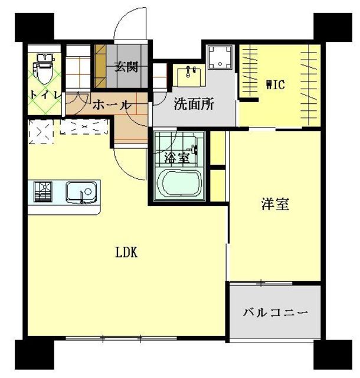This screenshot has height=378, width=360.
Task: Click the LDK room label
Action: coord(126,253)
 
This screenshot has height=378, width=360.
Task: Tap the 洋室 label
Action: coord(275,204)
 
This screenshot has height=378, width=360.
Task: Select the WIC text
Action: coord(276,85)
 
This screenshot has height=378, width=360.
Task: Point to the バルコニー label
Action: coord(276,313)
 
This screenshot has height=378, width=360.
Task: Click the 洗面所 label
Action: coord(194,104)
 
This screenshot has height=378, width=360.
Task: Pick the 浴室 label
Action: coord(176,158)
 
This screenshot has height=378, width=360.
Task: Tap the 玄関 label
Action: coord(126,67)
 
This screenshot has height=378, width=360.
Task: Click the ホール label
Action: coord(112,105)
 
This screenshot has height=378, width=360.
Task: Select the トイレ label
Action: coord(45,94)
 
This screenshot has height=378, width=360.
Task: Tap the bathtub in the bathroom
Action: coord(179,184)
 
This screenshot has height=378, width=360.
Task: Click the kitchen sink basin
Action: coord(81,192)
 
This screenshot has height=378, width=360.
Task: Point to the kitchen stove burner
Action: coord(43,191)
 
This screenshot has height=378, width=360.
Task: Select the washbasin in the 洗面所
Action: coord(189,76)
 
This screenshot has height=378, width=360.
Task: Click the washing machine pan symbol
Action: coord(220,57)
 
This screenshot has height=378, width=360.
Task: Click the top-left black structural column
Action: coord(34,27)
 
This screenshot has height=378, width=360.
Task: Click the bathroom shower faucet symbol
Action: coord(194,149)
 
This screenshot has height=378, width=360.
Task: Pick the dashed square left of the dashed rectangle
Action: coord(41,132)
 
